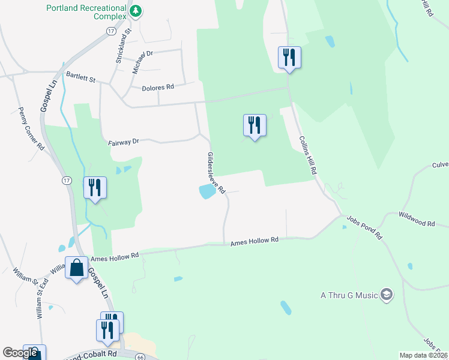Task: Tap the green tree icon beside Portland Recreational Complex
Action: (137, 10)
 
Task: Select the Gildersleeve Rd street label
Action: (215, 173)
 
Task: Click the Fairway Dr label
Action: (124, 142)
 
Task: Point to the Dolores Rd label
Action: (158, 88)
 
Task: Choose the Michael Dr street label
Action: (143, 62)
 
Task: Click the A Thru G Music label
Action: (348, 295)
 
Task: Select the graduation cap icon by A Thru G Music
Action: (387, 295)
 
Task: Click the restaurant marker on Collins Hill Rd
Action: (289, 57)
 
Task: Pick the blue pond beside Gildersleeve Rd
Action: (206, 192)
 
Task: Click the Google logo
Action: (20, 353)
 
